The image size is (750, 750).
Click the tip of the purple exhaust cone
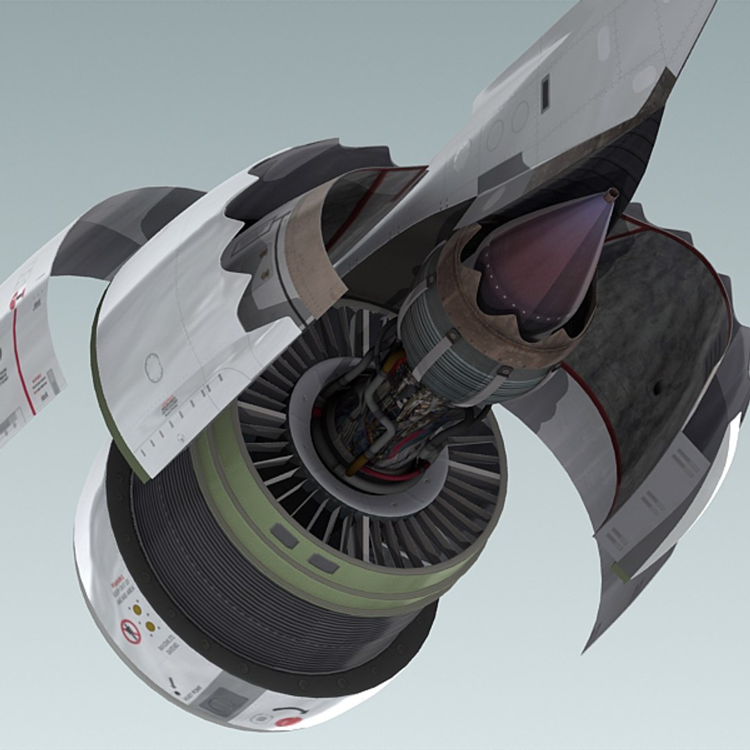[611, 196]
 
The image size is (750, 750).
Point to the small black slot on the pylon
[545, 92]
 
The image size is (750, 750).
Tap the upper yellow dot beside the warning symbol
[137, 610]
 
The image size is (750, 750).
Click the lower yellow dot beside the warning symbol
[150, 626]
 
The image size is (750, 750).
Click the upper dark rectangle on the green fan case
[285, 535]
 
